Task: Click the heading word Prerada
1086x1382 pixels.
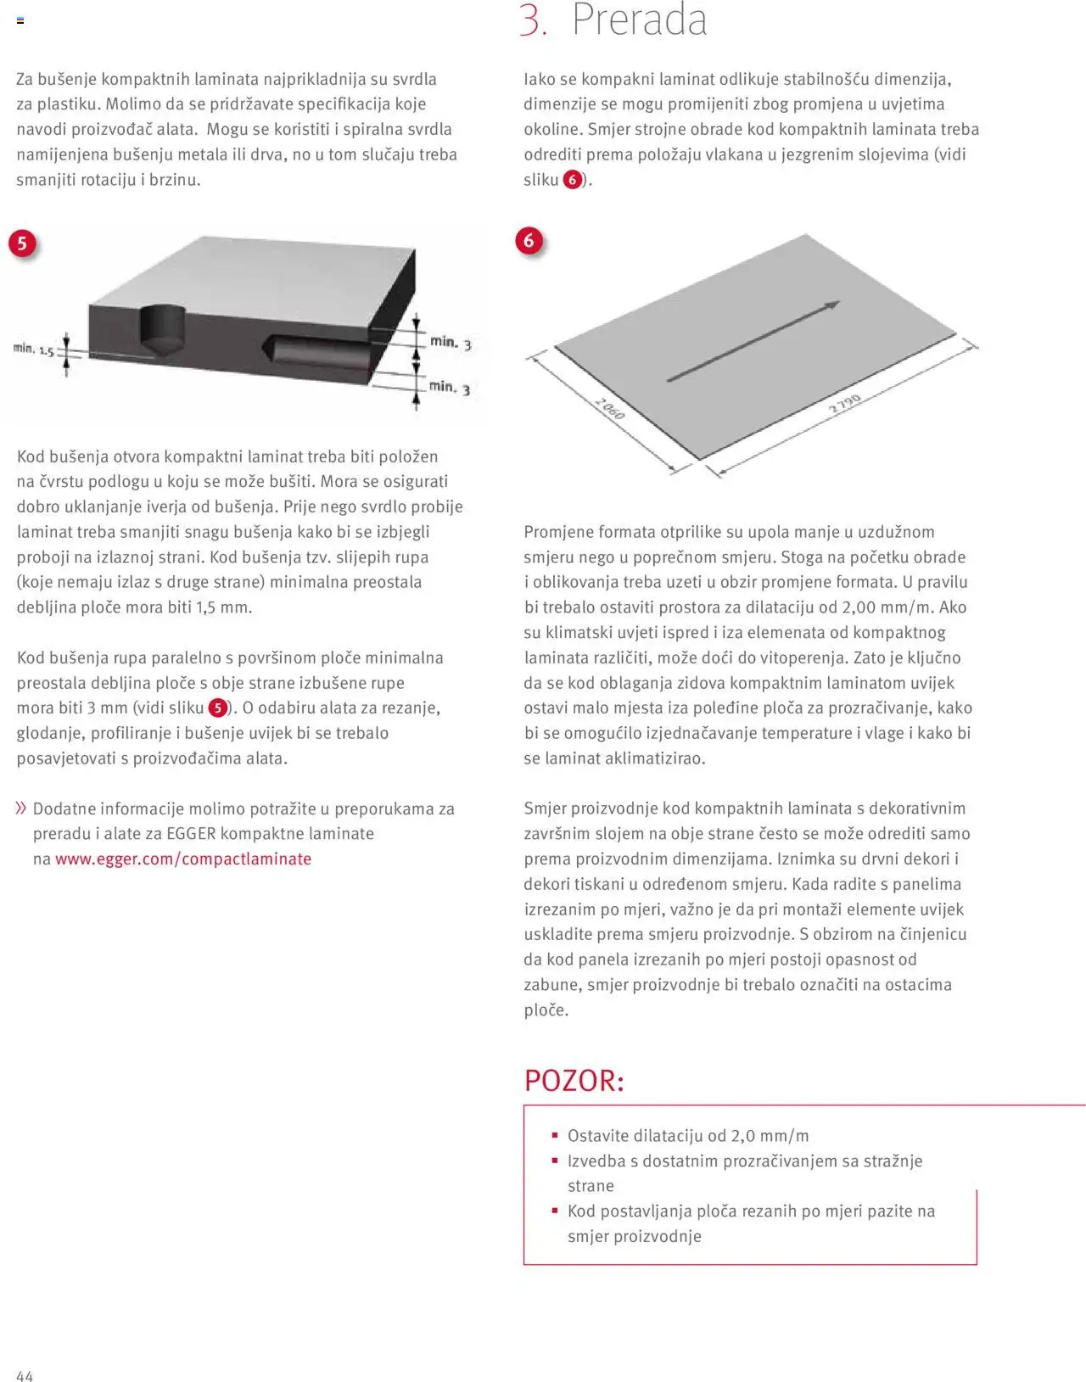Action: pos(639,20)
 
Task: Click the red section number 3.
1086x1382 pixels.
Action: pos(533,20)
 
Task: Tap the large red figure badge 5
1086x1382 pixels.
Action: pos(22,243)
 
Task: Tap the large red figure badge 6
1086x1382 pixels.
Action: pos(529,241)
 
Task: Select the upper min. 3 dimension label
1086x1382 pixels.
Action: pos(451,342)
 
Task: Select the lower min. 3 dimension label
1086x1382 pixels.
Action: pos(450,387)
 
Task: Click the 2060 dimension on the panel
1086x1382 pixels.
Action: pos(609,408)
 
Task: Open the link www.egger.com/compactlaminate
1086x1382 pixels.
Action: pos(183,859)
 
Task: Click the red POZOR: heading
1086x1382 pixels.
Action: pos(574,1081)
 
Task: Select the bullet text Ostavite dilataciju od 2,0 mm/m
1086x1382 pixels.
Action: pos(687,1135)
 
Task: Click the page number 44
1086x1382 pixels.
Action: pos(25,1376)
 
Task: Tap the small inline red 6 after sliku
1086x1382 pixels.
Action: pos(573,180)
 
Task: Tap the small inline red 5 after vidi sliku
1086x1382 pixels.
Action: pos(218,708)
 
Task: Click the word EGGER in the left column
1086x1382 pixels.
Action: pos(191,833)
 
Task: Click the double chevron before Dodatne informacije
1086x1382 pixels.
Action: pos(21,808)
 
